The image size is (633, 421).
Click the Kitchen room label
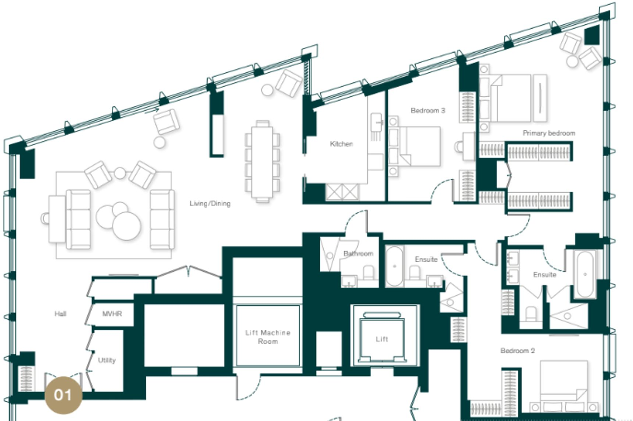click(x=341, y=144)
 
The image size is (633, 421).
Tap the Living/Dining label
click(x=210, y=203)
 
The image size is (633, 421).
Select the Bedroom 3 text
click(x=428, y=110)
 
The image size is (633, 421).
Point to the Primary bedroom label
click(x=549, y=133)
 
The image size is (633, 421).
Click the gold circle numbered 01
click(x=63, y=395)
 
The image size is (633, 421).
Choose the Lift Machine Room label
click(x=268, y=337)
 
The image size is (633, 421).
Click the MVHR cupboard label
click(x=112, y=314)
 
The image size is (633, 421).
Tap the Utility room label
click(x=107, y=360)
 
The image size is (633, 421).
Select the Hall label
click(x=60, y=314)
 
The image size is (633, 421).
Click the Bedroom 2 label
click(x=517, y=351)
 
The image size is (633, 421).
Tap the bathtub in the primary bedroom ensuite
click(x=585, y=274)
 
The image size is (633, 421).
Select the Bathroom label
click(x=358, y=254)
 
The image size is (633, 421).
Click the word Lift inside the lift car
click(x=382, y=339)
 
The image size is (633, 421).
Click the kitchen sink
click(x=377, y=121)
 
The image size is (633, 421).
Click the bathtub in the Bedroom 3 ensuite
click(x=395, y=265)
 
